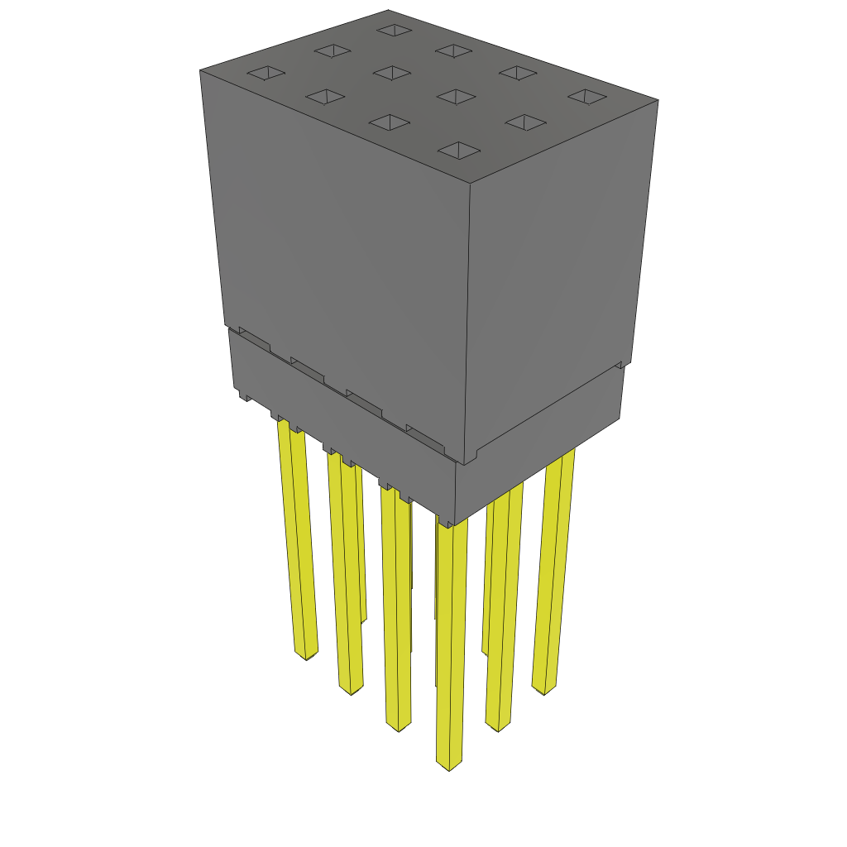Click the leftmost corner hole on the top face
pyautogui.click(x=266, y=74)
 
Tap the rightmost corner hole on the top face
pyautogui.click(x=587, y=97)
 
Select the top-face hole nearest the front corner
pyautogui.click(x=458, y=150)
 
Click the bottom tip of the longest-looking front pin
pyautogui.click(x=448, y=764)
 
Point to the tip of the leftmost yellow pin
pyautogui.click(x=307, y=654)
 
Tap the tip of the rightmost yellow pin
pyautogui.click(x=543, y=688)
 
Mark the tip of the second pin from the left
pyautogui.click(x=351, y=689)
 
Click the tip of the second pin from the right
pyautogui.click(x=497, y=726)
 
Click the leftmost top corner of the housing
pyautogui.click(x=200, y=70)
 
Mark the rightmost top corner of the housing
pyautogui.click(x=658, y=100)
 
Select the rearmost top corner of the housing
pyautogui.click(x=388, y=10)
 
